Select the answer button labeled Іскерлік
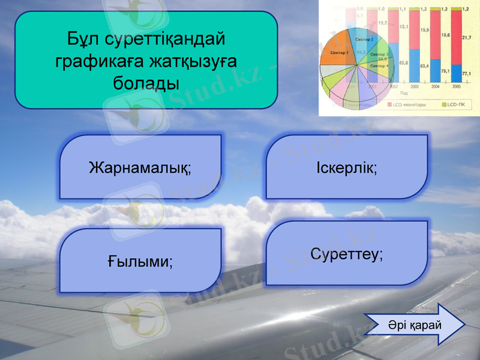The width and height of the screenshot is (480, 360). (347, 167)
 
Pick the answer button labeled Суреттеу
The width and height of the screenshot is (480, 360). (347, 253)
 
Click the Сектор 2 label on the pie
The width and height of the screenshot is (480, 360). (364, 40)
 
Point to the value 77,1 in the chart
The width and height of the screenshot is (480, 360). (466, 73)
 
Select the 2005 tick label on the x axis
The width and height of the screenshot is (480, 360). (457, 86)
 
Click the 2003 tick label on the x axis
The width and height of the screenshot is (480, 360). (415, 86)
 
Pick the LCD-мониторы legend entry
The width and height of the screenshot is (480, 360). (408, 104)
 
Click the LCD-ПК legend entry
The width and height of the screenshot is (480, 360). (456, 104)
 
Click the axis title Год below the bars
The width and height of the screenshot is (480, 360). (404, 93)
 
